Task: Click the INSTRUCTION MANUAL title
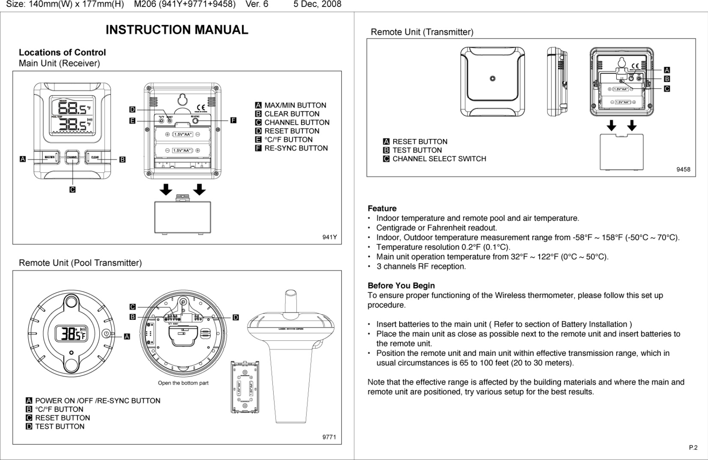coord(177,30)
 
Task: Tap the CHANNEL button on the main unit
coord(72,158)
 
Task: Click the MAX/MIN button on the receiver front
coord(50,158)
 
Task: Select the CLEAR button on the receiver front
coord(95,158)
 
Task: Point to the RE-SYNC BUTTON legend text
coord(296,148)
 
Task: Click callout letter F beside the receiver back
coord(233,120)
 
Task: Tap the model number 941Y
coord(329,237)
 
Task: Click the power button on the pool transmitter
coord(106,334)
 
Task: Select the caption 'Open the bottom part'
coord(183,383)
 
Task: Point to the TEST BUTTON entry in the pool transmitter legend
coord(60,426)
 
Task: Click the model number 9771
coord(329,437)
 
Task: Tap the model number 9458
coord(683,170)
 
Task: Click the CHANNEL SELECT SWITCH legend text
coord(439,159)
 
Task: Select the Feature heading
coord(382,208)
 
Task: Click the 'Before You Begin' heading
coord(401,286)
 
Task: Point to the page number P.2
coord(693,447)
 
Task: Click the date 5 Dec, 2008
coord(317,4)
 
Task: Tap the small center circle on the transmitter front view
coord(492,78)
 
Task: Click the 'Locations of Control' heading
coord(62,53)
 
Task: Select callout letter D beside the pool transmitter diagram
coord(236,317)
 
